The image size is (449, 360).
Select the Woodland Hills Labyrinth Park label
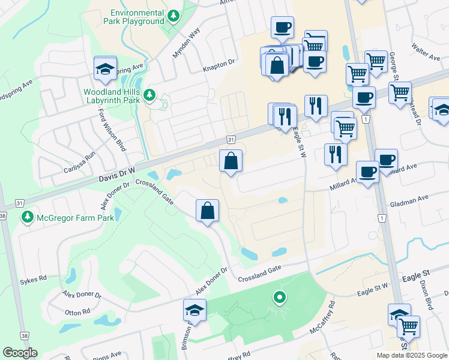112,95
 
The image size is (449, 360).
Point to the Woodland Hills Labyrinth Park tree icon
149,95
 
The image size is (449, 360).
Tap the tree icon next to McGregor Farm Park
27,217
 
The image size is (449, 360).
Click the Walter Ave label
426,51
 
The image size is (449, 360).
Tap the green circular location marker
279,296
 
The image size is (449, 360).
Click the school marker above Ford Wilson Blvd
105,69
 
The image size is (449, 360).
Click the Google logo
20,353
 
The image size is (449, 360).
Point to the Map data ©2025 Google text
411,355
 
